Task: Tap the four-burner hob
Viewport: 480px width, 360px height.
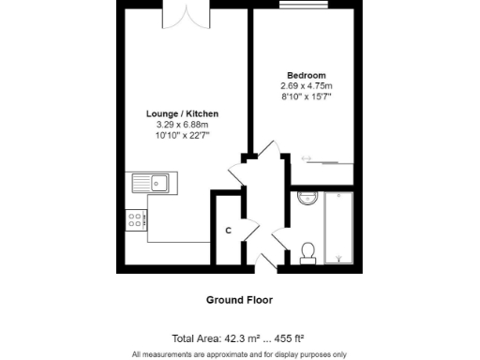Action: [x=135, y=221]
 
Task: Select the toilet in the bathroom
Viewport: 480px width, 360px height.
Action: [x=307, y=251]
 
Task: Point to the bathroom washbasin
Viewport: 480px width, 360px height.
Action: [x=307, y=197]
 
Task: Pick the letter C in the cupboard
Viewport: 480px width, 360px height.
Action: [x=228, y=231]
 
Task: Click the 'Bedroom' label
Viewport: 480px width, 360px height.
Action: [x=307, y=75]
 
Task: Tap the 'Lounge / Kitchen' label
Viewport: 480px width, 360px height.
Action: [x=183, y=113]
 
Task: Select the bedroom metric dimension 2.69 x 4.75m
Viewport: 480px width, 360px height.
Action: [x=307, y=85]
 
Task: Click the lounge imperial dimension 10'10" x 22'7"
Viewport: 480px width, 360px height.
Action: [x=183, y=134]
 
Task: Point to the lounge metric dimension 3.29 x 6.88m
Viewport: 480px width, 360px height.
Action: [x=183, y=124]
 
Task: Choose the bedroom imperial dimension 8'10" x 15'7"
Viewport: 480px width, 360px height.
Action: [x=307, y=96]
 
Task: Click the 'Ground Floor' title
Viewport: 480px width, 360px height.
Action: [x=239, y=300]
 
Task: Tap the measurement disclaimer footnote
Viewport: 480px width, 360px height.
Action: [x=239, y=354]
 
